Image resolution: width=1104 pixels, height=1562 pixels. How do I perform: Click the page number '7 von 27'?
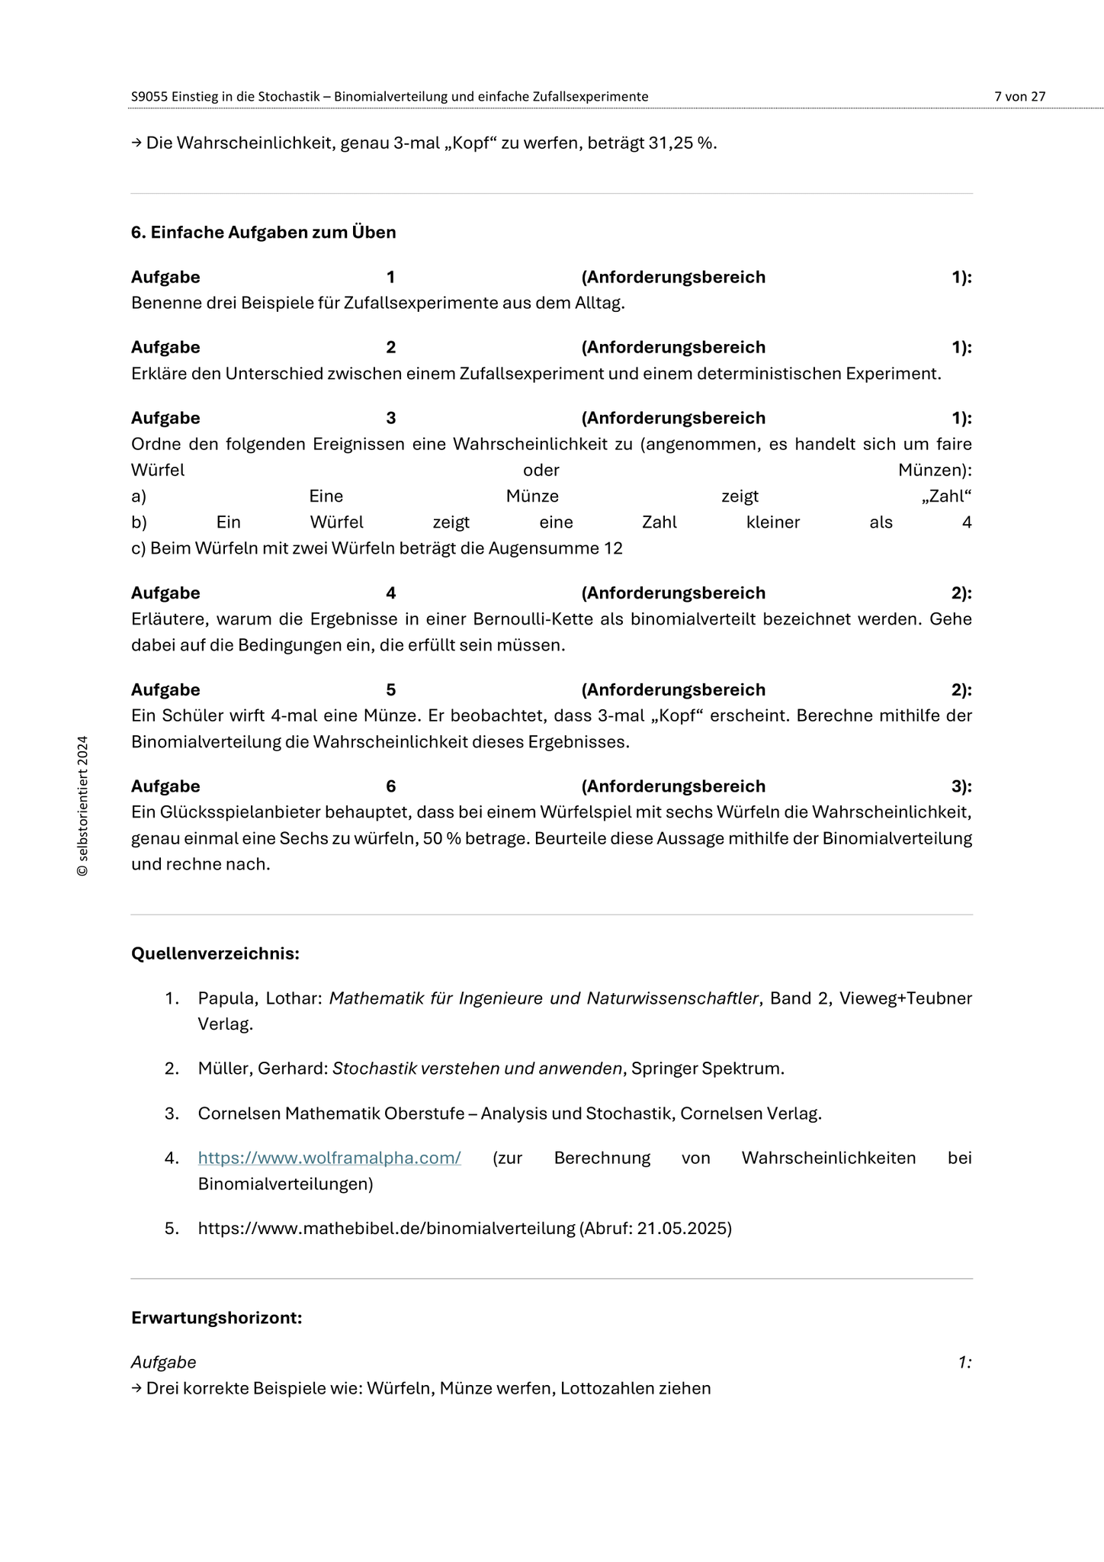click(1019, 97)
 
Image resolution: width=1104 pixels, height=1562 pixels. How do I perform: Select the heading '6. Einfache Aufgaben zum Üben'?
click(263, 233)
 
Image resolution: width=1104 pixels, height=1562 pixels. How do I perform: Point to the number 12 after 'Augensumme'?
click(612, 548)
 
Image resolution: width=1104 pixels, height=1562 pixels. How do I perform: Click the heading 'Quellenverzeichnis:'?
click(215, 954)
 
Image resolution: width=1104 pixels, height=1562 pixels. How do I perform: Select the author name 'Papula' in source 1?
click(223, 998)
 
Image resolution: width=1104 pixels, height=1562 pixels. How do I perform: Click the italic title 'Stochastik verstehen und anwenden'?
click(477, 1069)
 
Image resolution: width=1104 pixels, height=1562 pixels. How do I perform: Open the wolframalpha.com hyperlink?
click(329, 1158)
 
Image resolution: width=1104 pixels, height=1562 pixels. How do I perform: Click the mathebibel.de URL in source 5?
click(386, 1229)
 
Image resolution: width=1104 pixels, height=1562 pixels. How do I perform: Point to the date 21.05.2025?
click(682, 1229)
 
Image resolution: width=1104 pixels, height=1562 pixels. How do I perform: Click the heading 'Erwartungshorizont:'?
click(217, 1318)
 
